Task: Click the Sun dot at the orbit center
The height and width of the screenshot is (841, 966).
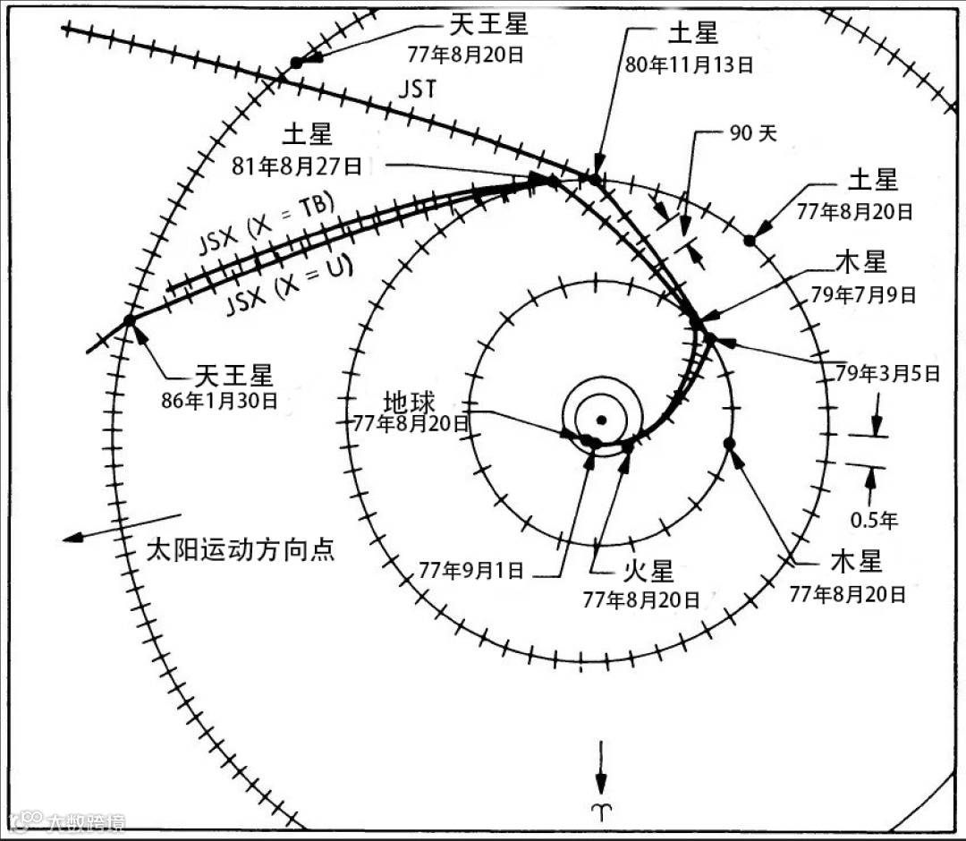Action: [x=602, y=420]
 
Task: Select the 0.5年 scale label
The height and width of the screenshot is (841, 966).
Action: [x=874, y=518]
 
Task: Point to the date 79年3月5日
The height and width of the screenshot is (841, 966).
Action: [x=887, y=373]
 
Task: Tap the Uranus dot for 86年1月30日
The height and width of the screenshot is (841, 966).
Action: [x=129, y=319]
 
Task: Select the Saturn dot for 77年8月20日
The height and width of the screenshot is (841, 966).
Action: [x=750, y=240]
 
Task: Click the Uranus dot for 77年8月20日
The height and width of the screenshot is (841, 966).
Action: [x=296, y=63]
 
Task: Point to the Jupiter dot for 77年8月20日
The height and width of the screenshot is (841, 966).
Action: [x=729, y=443]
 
